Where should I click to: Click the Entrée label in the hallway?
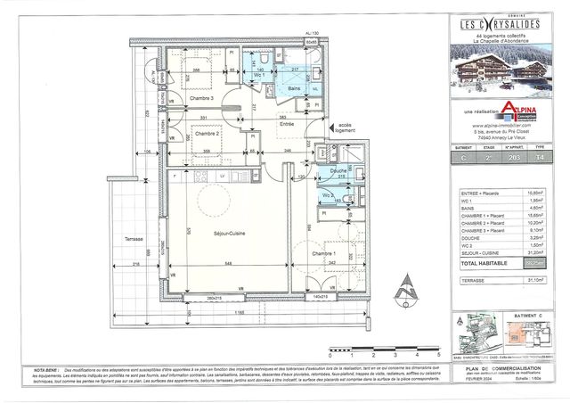[x=288, y=125]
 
